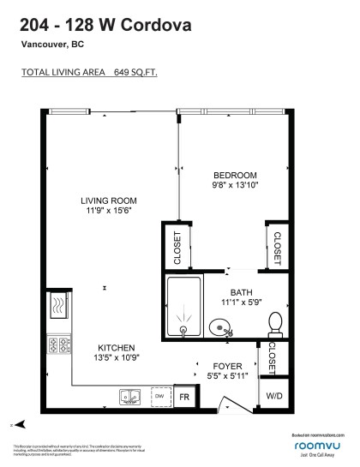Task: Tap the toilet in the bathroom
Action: click(275, 323)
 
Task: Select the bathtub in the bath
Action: click(183, 308)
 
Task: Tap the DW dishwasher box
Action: click(159, 397)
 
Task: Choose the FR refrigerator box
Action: click(183, 397)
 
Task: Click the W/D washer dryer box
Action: click(273, 396)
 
